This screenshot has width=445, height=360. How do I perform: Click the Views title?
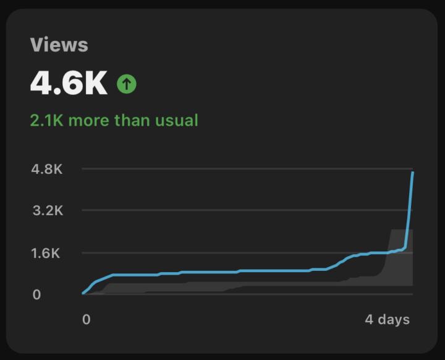tap(59, 45)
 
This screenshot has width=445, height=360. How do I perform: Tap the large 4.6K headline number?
tap(69, 83)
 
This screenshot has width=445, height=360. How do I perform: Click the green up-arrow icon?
tap(126, 84)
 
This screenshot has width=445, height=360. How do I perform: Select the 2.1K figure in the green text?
tap(46, 120)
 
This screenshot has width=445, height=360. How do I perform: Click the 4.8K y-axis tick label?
tap(47, 169)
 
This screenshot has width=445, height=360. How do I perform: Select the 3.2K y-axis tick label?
tap(47, 211)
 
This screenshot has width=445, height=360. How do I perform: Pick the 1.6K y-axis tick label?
tap(46, 253)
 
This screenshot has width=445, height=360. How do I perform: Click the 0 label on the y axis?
tap(36, 294)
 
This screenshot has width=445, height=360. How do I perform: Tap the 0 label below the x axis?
tap(86, 319)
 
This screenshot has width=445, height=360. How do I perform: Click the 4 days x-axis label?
tap(387, 319)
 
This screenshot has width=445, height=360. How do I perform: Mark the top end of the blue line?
tap(412, 173)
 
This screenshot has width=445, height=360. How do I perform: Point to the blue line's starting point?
tap(83, 293)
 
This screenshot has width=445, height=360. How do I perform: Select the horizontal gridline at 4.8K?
tap(247, 168)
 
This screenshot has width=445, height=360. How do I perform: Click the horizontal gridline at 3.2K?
tap(247, 210)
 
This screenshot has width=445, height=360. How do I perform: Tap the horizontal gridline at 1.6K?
tap(247, 252)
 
